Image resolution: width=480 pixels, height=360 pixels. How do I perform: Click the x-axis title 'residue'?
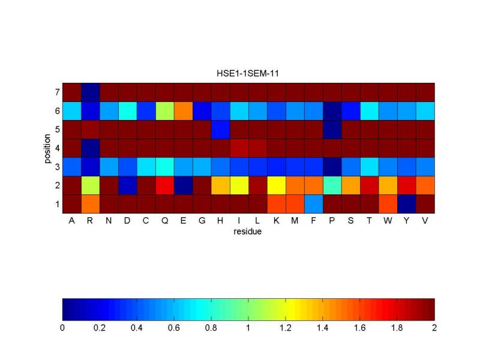pos(248,231)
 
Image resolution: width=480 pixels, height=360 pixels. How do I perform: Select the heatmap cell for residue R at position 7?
pos(90,92)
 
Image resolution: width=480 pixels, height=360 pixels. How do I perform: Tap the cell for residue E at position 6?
pos(183,111)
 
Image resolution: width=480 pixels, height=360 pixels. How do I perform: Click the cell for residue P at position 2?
pos(332,185)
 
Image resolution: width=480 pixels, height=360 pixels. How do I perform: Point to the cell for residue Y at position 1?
pos(406,204)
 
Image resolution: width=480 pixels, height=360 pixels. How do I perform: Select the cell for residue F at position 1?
pos(313,204)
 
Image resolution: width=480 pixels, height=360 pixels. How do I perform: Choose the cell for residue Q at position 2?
pos(164,185)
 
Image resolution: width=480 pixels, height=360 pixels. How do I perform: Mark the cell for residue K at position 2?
pos(276,185)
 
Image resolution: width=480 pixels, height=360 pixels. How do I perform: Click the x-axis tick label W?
pos(388,221)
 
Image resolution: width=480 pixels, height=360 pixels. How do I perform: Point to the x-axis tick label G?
pos(202,221)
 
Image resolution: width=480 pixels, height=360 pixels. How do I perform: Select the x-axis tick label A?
pos(71,221)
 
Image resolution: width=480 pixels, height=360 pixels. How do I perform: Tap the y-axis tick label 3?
pos(56,167)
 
